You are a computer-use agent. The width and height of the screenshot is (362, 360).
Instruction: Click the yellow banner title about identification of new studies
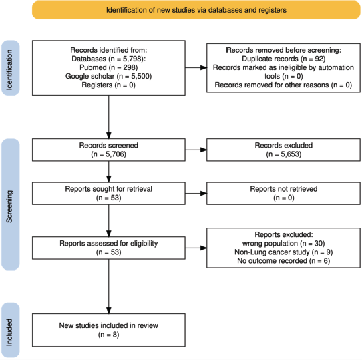click(196, 10)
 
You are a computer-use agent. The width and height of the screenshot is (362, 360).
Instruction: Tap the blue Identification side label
click(11, 68)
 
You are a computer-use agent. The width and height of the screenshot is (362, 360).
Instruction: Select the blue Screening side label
click(11, 204)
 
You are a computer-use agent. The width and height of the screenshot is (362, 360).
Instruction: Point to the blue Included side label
click(11, 330)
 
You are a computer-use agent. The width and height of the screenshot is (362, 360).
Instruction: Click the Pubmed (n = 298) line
click(108, 67)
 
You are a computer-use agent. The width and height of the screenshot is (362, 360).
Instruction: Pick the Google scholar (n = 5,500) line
click(108, 76)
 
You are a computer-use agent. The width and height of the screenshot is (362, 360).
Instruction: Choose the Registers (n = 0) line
click(108, 85)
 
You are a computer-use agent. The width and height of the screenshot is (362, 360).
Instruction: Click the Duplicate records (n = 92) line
click(283, 59)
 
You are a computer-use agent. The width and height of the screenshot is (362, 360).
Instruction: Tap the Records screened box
click(109, 150)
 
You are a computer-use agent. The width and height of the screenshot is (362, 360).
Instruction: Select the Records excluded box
click(283, 150)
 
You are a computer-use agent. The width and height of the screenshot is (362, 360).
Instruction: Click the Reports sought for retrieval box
click(109, 193)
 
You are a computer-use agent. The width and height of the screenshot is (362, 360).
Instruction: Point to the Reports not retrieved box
click(283, 193)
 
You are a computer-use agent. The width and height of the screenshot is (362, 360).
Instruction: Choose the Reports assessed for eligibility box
click(109, 248)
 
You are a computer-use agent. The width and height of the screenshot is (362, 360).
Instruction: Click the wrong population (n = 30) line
click(283, 244)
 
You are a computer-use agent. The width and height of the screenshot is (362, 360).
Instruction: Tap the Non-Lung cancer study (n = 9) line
click(283, 252)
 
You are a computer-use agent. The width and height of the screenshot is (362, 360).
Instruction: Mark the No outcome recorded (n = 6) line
click(283, 261)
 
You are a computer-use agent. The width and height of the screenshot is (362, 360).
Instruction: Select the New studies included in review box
click(109, 330)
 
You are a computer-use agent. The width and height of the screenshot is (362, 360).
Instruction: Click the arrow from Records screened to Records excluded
click(196, 150)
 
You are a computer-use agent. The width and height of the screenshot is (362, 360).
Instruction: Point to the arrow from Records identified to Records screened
click(109, 117)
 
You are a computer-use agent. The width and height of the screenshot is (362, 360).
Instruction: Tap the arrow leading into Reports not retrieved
click(196, 193)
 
